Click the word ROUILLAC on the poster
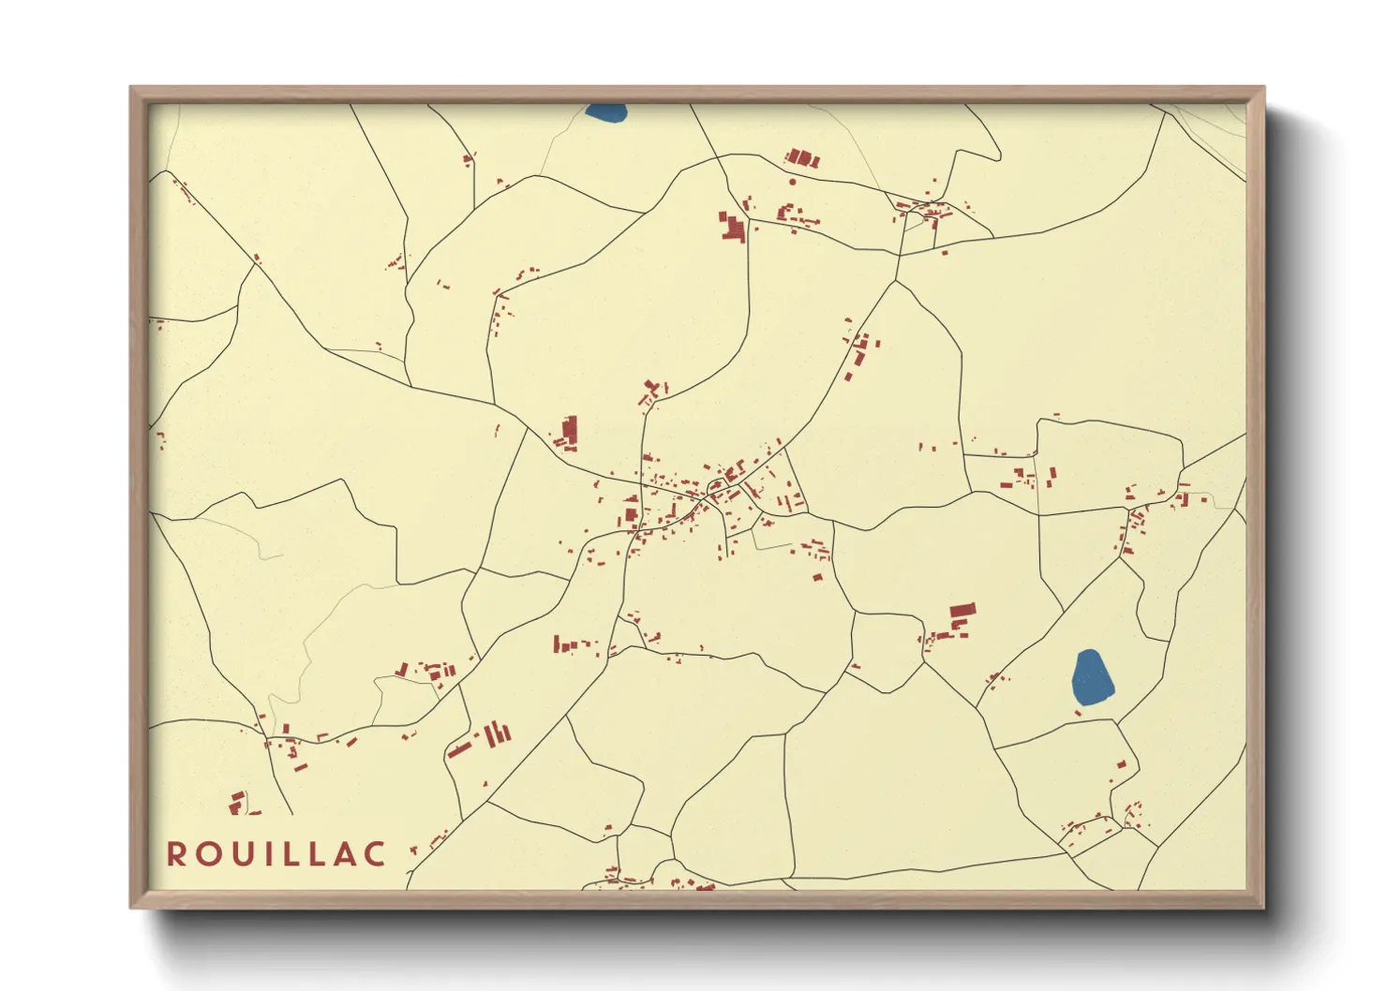tap(276, 854)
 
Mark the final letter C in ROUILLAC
tap(375, 854)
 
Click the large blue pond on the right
tap(1091, 678)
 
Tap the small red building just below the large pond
tap(1078, 714)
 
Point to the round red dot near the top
tap(793, 182)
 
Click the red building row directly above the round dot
tap(801, 157)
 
